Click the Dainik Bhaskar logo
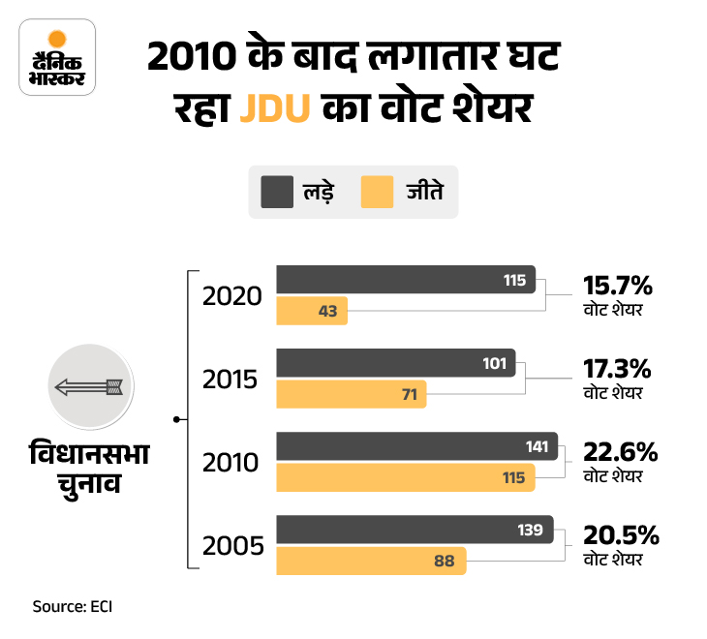56,61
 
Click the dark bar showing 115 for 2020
406,280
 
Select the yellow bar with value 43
312,311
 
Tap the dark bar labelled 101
396,363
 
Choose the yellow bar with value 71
352,394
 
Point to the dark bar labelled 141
417,446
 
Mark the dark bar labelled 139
415,530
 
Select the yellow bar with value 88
372,561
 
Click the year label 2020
232,295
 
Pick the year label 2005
232,546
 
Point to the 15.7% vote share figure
618,286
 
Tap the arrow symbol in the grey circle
87,388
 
